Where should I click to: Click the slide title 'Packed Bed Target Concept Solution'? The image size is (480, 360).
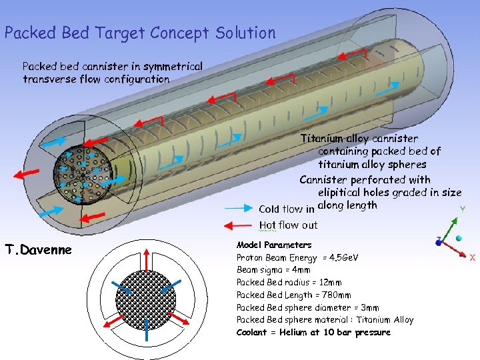(x=139, y=33)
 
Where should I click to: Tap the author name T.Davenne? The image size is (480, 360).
(x=38, y=250)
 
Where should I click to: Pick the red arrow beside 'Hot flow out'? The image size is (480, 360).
(x=239, y=225)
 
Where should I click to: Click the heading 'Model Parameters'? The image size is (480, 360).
(x=274, y=245)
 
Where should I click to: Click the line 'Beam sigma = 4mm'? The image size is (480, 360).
(x=273, y=270)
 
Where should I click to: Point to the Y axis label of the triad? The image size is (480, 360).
(x=463, y=209)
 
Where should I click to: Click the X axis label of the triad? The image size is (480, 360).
(x=472, y=257)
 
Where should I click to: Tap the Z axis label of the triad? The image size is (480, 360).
(x=437, y=238)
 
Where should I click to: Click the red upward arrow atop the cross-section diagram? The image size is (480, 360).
(x=145, y=260)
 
